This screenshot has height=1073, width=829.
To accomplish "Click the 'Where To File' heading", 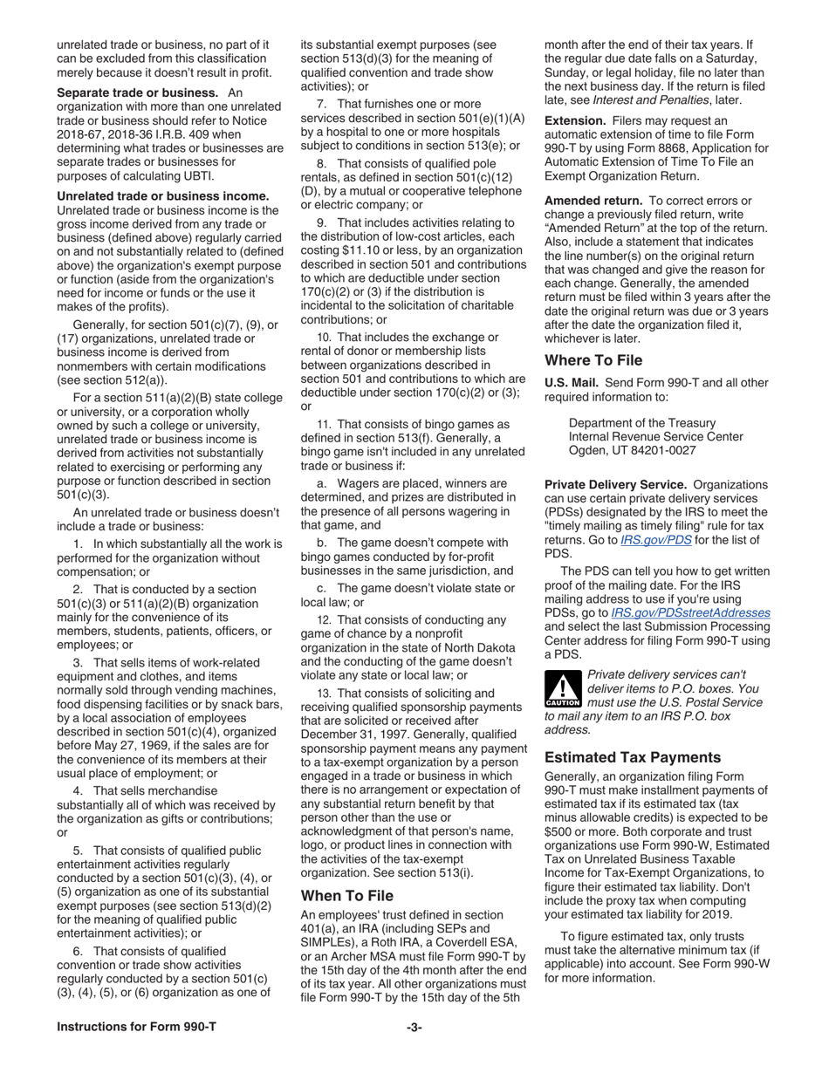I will tap(593, 360).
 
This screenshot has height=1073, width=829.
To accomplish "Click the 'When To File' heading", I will tap(347, 896).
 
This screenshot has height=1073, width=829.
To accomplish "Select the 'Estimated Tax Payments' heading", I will tap(633, 757).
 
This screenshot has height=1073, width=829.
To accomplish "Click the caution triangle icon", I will tap(562, 689).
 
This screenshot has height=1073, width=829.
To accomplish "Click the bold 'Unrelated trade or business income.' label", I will tap(162, 196).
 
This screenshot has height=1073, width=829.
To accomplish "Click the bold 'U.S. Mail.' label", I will tap(572, 382).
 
